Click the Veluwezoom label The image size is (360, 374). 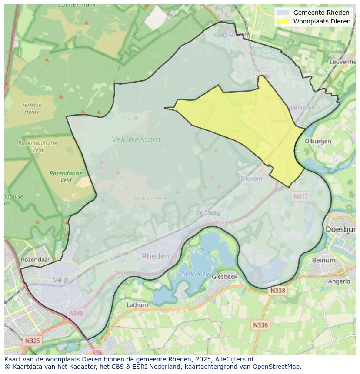(x=136, y=139)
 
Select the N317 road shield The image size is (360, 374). (x=300, y=196)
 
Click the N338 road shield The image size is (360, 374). (x=278, y=291)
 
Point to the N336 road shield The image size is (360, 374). (x=260, y=324)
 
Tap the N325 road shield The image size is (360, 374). (x=33, y=341)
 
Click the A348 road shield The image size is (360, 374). (x=77, y=313)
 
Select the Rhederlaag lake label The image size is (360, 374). (x=194, y=274)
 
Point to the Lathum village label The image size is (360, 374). (x=137, y=305)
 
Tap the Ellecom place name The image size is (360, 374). (x=251, y=179)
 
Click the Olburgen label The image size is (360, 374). (x=318, y=142)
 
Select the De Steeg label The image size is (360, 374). (x=208, y=212)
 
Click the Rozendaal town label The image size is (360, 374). (x=35, y=260)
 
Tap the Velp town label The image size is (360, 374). (x=61, y=280)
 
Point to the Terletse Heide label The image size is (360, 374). (x=32, y=108)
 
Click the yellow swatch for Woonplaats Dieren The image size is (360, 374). (x=283, y=21)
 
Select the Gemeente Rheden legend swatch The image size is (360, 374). (x=283, y=13)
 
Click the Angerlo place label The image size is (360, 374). (x=339, y=281)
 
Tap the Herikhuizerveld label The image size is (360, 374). (x=152, y=198)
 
